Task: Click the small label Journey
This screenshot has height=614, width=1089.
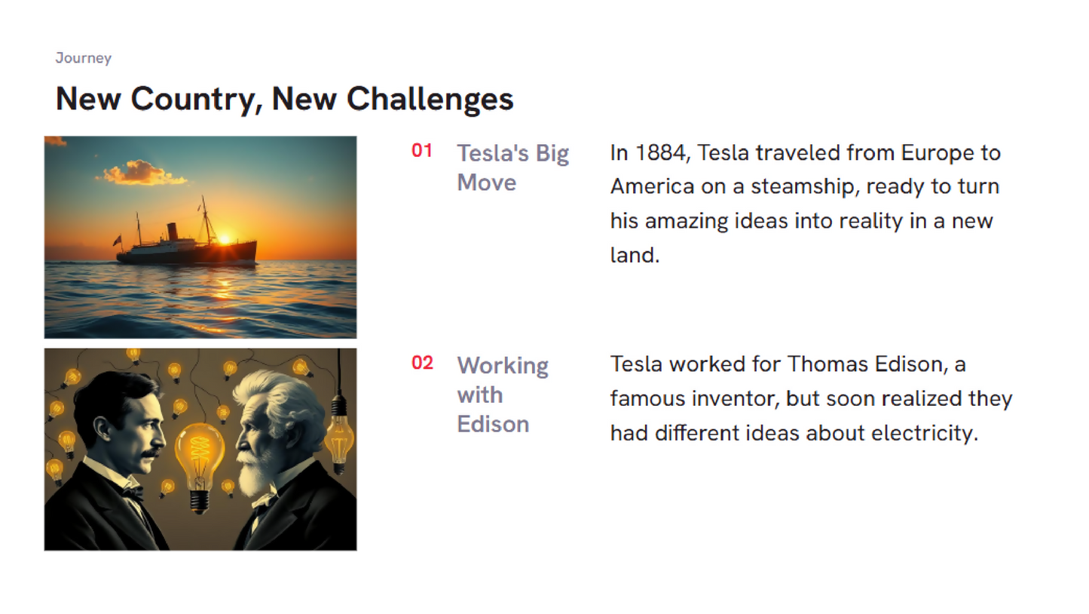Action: coord(83,58)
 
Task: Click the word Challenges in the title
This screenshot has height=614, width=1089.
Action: coord(430,100)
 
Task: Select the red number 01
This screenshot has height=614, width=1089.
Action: coord(421,151)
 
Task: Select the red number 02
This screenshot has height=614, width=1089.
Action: coord(422,363)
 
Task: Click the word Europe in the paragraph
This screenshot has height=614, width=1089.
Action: coord(935,154)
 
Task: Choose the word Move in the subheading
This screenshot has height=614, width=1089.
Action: coord(487,183)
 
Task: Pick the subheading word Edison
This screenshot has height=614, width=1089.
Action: coord(493,424)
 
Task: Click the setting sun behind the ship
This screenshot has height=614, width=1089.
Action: coord(224,239)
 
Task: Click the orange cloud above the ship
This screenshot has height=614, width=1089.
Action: coord(142,173)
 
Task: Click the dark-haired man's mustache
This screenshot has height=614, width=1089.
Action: coord(151,454)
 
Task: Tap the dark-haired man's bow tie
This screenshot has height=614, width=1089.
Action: coord(132,493)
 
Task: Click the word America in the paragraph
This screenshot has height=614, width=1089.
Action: coord(652,187)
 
